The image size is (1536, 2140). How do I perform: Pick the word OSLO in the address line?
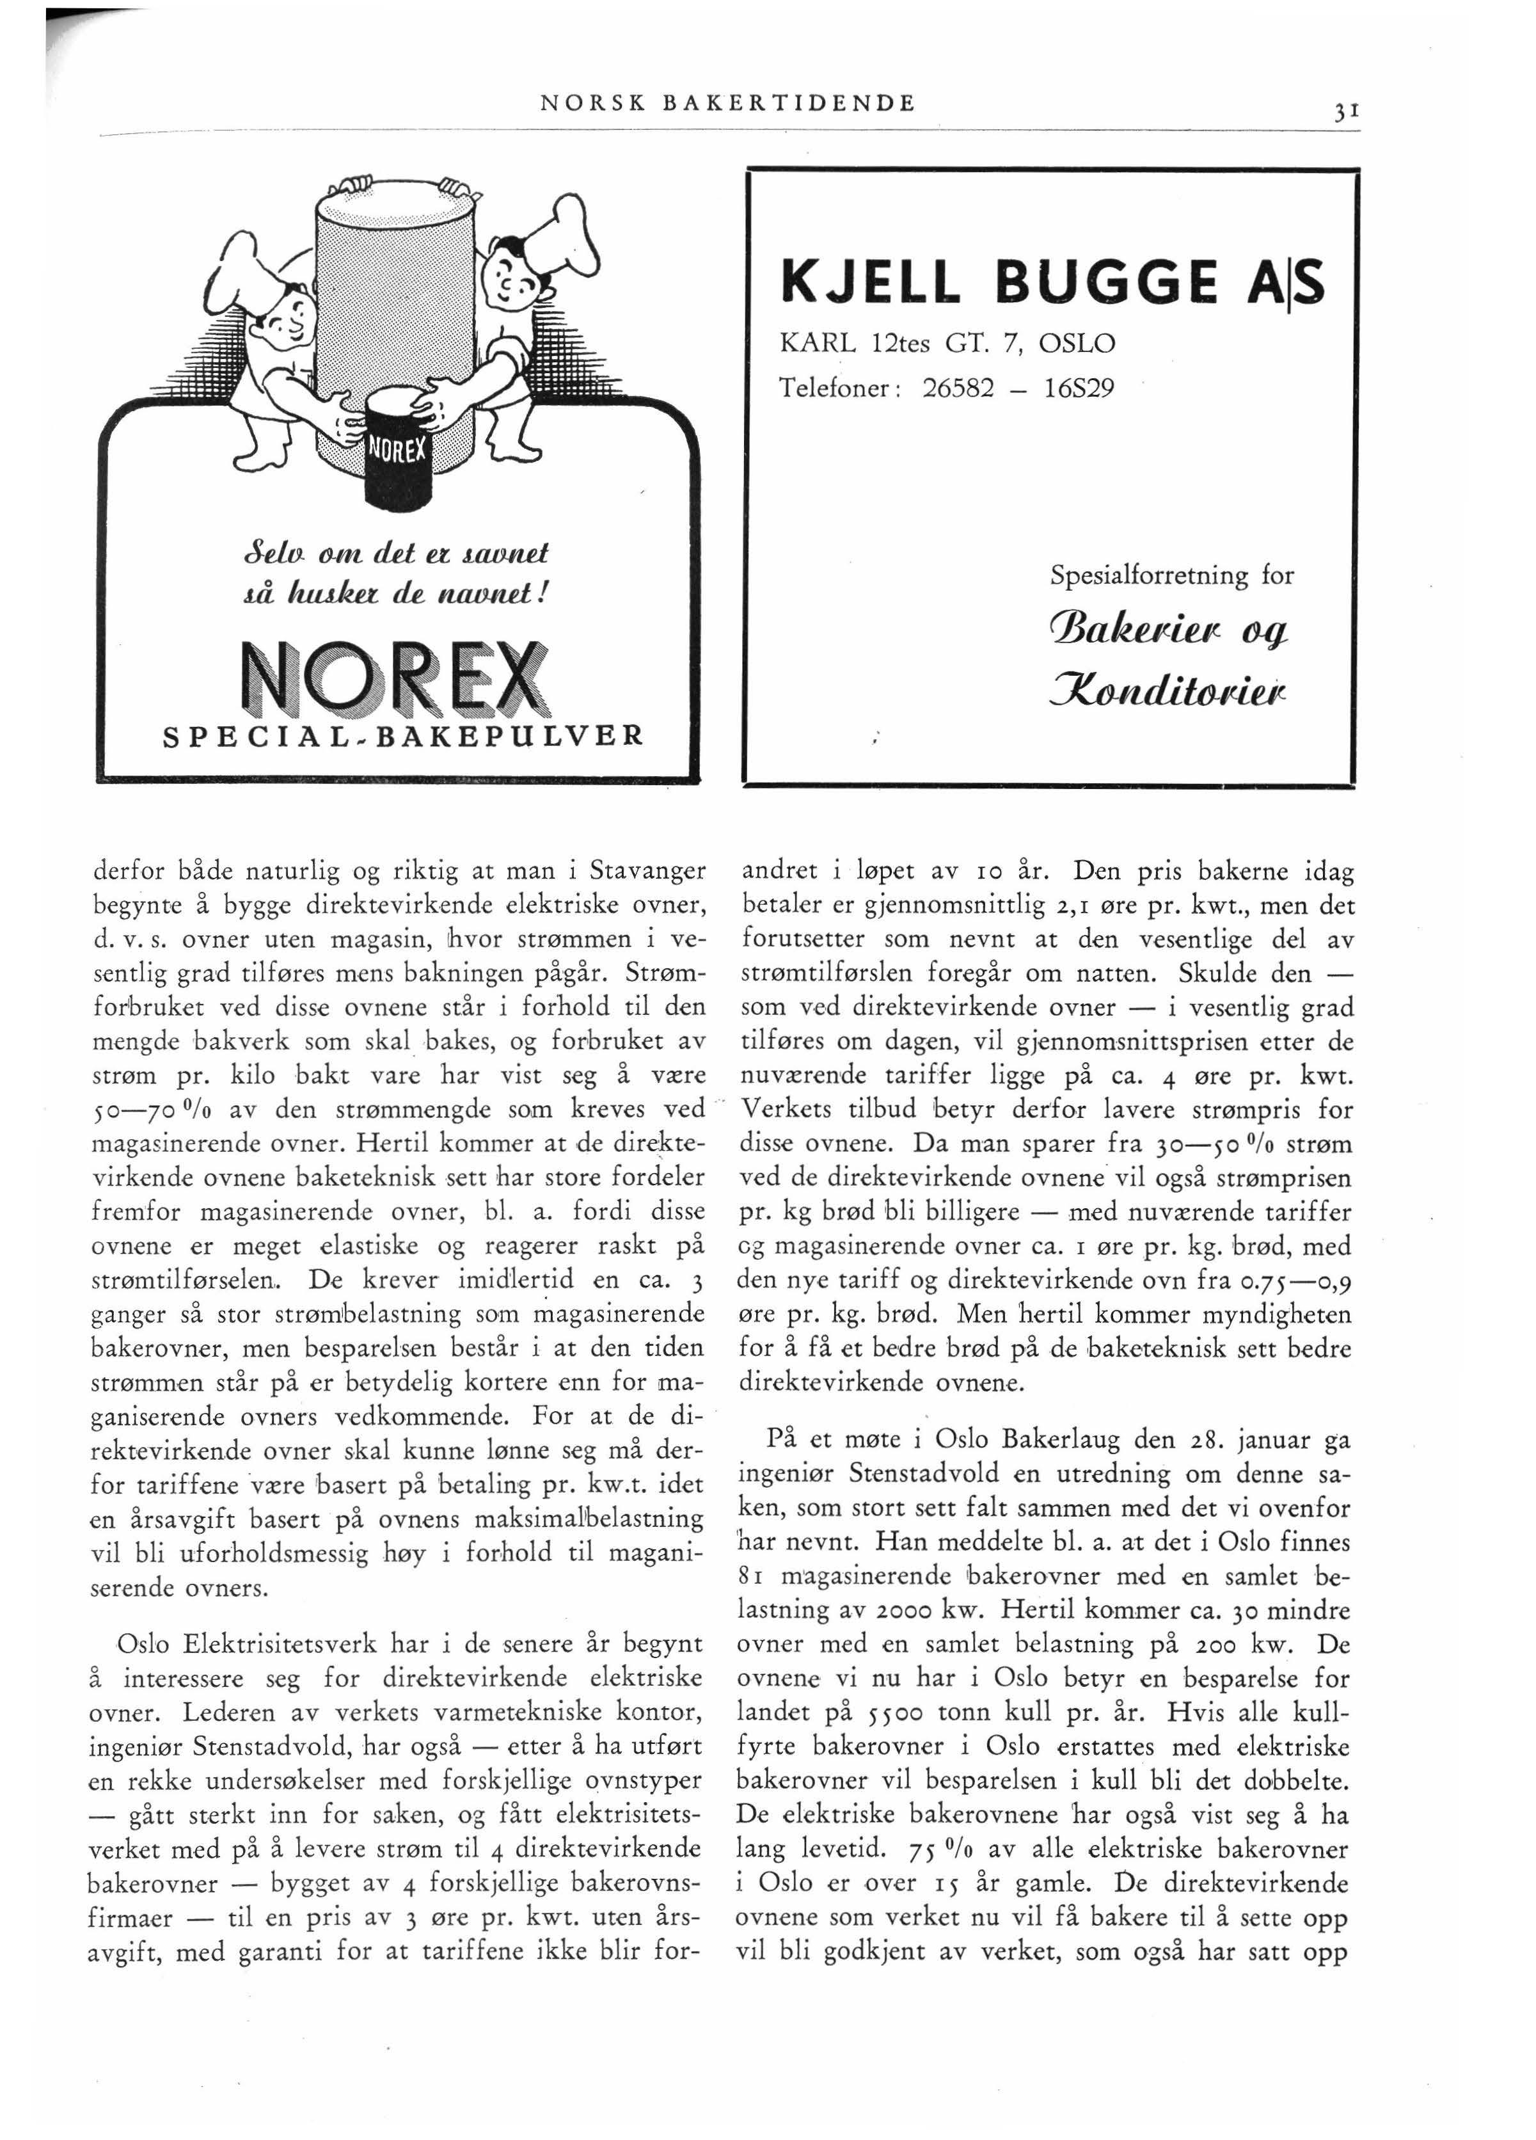click(x=1077, y=342)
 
